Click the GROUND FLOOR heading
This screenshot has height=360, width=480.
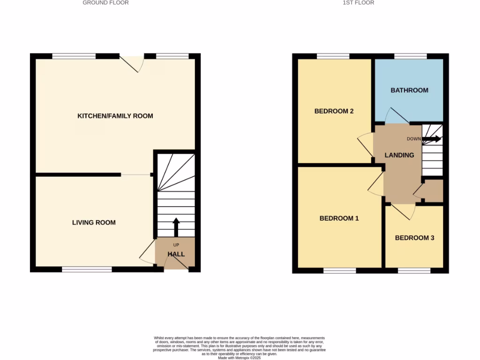click(x=105, y=3)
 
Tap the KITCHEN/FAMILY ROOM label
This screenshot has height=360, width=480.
click(x=115, y=116)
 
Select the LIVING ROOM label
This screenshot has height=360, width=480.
click(x=94, y=223)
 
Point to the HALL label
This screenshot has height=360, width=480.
click(x=176, y=254)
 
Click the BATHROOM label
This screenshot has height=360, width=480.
click(x=409, y=90)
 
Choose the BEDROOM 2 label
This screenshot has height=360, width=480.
click(x=334, y=111)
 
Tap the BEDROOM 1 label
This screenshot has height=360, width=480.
click(x=339, y=218)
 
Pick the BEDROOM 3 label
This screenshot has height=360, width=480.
click(x=414, y=238)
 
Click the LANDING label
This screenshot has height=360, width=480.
click(x=399, y=155)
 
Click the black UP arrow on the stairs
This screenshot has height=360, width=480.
click(x=176, y=226)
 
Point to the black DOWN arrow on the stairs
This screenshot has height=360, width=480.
click(x=431, y=139)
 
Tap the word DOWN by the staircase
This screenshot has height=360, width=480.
click(x=414, y=139)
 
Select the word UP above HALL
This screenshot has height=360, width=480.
click(x=176, y=245)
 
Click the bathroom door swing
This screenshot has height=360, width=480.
click(x=393, y=115)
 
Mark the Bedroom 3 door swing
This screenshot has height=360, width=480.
click(x=404, y=211)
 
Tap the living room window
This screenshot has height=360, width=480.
click(x=87, y=270)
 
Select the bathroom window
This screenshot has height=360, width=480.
click(x=410, y=56)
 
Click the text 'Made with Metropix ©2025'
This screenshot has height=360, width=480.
click(x=240, y=357)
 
